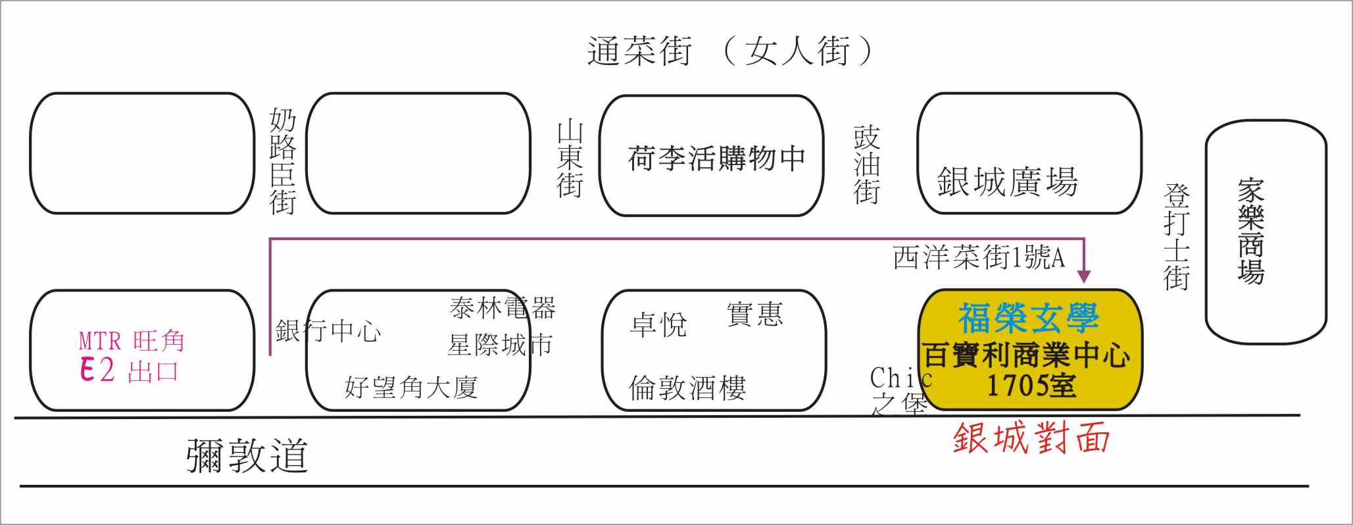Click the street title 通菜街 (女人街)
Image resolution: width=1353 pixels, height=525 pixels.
730,51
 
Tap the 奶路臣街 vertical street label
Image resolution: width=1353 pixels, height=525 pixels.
283,162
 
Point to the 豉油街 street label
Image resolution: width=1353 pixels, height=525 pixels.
866,165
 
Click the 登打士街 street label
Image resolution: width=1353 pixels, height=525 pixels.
1177,237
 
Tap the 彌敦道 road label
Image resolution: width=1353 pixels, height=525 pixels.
247,455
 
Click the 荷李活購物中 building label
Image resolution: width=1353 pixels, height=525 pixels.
716,159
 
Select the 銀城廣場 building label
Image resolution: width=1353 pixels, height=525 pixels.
1007,182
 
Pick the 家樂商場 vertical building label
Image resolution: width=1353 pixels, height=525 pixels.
1250,231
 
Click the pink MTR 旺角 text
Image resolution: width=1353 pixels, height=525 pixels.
132,341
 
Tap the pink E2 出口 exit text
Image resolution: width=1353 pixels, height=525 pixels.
129,370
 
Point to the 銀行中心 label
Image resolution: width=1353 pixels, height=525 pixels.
328,330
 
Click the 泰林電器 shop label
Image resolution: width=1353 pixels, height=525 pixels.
503,307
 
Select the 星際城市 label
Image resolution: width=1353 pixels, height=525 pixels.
500,345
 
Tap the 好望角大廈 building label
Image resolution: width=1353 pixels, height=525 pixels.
411,387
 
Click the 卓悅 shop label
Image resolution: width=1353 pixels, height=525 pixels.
658,324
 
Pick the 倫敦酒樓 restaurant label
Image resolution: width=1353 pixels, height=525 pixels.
687,388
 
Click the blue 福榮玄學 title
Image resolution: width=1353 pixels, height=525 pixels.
1029,318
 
